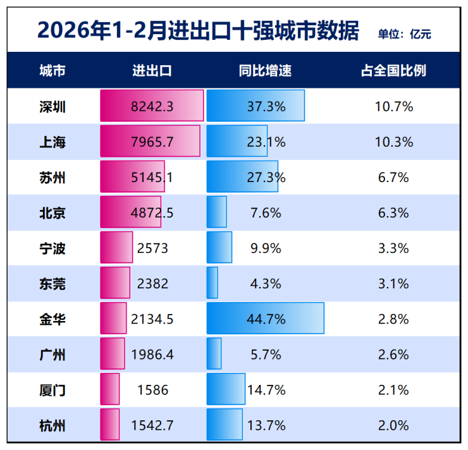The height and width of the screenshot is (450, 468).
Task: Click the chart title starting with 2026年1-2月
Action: (x=198, y=30)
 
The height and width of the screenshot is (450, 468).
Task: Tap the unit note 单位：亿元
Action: (x=404, y=34)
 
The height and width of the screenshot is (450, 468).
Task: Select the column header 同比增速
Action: (x=265, y=71)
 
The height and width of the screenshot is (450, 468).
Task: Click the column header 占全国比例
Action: (x=393, y=71)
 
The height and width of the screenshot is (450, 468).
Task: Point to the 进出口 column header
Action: (x=152, y=71)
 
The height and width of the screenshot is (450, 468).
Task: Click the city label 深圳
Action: (x=52, y=106)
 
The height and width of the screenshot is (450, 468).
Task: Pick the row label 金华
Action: (x=52, y=319)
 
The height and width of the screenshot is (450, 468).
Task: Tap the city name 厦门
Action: (x=52, y=390)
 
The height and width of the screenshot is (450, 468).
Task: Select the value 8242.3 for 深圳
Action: (x=152, y=106)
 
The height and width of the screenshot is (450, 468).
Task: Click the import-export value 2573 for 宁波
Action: (x=152, y=248)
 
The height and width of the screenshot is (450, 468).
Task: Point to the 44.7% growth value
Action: (x=266, y=319)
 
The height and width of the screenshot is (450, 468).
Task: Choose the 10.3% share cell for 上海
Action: (x=393, y=142)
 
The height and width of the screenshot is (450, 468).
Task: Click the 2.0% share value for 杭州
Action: (x=393, y=425)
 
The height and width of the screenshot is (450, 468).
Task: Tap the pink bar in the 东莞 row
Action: (x=115, y=283)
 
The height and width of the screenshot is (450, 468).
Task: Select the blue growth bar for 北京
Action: (x=217, y=212)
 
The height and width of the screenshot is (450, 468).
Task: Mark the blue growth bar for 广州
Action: (x=214, y=353)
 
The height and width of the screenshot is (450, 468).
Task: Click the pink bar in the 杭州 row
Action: (x=110, y=424)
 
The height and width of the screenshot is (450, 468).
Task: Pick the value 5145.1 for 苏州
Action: (x=152, y=178)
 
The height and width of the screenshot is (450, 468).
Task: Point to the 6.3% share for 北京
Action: (x=393, y=213)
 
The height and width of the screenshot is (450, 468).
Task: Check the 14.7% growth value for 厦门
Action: (x=266, y=390)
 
